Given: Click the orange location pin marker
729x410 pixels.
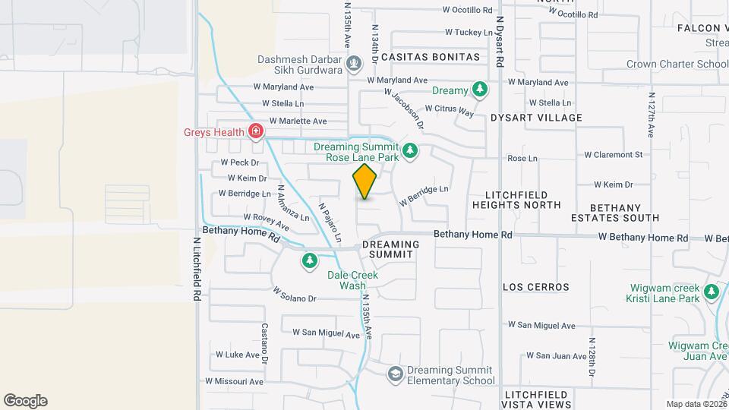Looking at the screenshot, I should coord(365,181).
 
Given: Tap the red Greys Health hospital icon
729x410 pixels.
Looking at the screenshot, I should coord(257,131).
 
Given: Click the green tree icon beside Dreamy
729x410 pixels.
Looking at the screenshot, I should coord(479,90).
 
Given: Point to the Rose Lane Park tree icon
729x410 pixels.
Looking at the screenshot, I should coord(410,150).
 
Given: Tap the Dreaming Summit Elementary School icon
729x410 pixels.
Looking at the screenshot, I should coord(395,373).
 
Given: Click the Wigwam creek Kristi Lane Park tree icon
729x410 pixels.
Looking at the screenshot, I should coord(712,292).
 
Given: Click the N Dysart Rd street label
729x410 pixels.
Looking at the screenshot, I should coord(500,46).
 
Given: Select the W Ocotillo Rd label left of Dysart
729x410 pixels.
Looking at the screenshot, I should coord(468,11).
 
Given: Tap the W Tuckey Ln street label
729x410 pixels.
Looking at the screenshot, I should coord(469,32).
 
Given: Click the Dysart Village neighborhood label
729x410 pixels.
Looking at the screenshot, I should coord(536,118).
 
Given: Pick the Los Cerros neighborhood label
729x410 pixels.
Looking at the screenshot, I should coord(536,287).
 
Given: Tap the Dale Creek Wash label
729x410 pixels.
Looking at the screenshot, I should coord(353,280).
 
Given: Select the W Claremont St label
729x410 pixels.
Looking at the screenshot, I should coord(613,155).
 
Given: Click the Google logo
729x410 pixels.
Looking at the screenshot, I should coord(25,401).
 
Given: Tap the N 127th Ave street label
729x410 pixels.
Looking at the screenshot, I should coord(651,115).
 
